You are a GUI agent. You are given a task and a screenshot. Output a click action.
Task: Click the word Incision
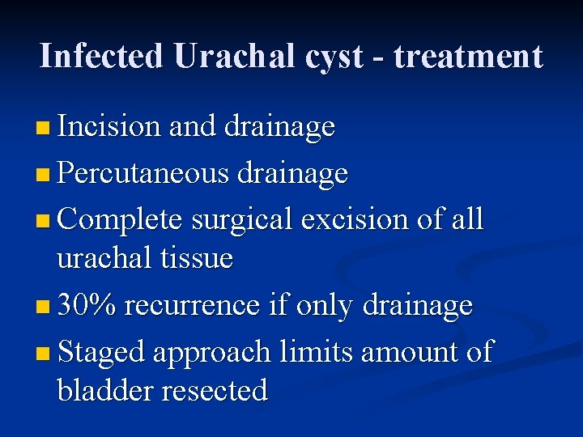pos(110,126)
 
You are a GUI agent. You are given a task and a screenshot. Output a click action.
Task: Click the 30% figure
pos(87,305)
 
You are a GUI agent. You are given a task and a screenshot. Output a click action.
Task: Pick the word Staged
pos(101,352)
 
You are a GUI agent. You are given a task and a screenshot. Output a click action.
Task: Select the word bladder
pos(105,390)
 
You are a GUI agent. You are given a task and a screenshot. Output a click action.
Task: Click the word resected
pos(215,390)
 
